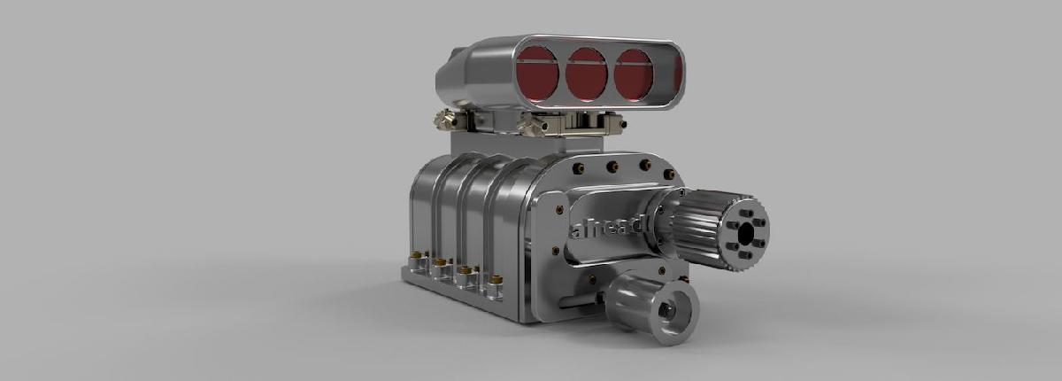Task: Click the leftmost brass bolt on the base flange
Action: (412, 260)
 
